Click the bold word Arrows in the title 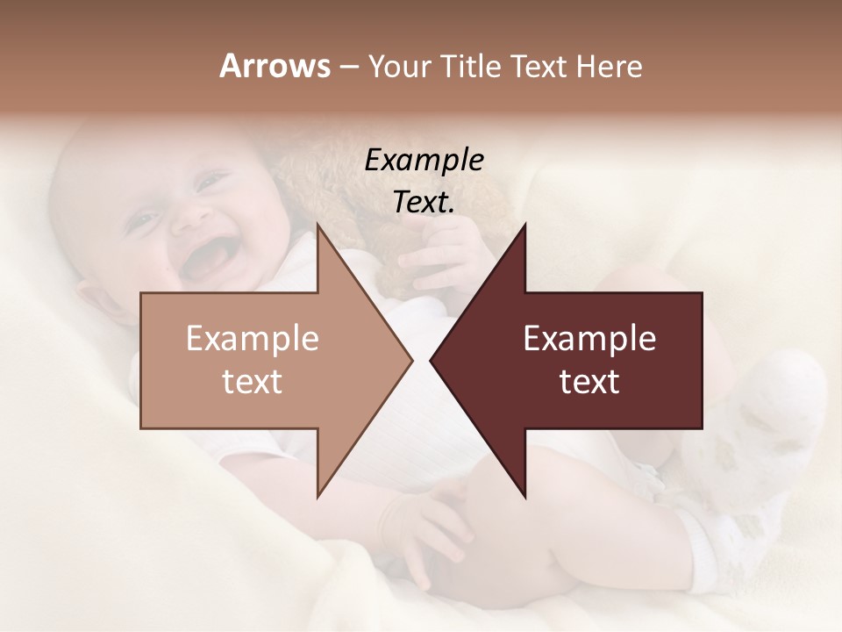tap(275, 66)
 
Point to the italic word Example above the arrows tap(425, 160)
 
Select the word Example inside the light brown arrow tap(253, 338)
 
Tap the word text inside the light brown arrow tap(253, 381)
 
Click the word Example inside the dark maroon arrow tap(589, 338)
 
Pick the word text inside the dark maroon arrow tap(589, 381)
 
